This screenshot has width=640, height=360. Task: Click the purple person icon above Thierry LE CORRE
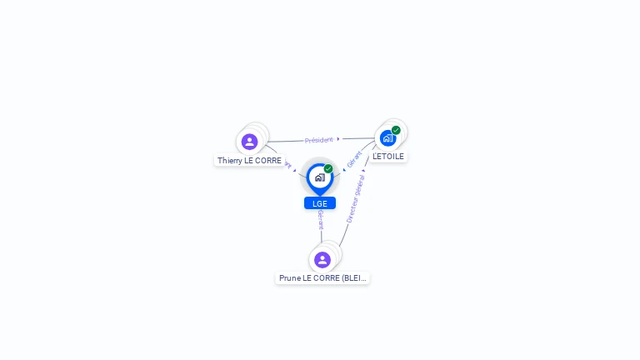pyautogui.click(x=249, y=142)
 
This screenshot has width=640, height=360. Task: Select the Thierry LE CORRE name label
pyautogui.click(x=249, y=160)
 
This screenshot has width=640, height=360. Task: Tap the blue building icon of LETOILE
pyautogui.click(x=387, y=138)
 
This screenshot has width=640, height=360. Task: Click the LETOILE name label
pyautogui.click(x=388, y=156)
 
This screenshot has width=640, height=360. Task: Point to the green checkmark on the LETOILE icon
pyautogui.click(x=396, y=130)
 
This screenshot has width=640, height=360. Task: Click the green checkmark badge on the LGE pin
pyautogui.click(x=328, y=169)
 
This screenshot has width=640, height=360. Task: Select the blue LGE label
pyautogui.click(x=320, y=203)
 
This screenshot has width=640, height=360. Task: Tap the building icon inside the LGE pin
pyautogui.click(x=319, y=177)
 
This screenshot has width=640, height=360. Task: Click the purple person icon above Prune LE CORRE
pyautogui.click(x=322, y=260)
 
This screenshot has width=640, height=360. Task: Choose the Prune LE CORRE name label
pyautogui.click(x=322, y=277)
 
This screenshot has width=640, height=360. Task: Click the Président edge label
pyautogui.click(x=318, y=140)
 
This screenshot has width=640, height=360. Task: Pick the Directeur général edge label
pyautogui.click(x=355, y=199)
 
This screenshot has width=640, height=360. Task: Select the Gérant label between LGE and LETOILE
pyautogui.click(x=354, y=159)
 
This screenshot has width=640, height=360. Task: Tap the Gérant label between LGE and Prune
pyautogui.click(x=321, y=219)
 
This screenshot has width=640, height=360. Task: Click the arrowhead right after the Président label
pyautogui.click(x=338, y=139)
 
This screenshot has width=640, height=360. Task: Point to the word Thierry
pyautogui.click(x=229, y=160)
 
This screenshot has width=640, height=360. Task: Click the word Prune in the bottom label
pyautogui.click(x=289, y=277)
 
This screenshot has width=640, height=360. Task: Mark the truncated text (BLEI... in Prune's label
pyautogui.click(x=353, y=277)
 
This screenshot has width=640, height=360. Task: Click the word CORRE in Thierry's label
pyautogui.click(x=269, y=160)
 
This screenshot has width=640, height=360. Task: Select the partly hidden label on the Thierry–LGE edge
pyautogui.click(x=288, y=166)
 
